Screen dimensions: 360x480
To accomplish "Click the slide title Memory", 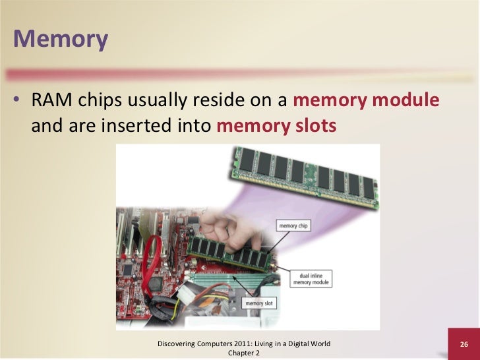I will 60,39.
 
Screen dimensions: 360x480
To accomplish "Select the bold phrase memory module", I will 365,102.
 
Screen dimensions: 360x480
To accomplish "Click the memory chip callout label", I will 293,226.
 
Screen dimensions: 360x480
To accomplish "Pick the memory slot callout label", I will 258,303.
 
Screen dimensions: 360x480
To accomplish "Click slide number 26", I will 464,345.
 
